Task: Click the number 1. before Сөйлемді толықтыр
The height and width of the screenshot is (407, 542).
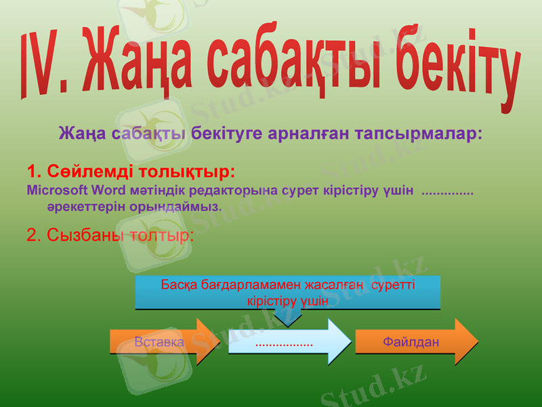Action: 35,170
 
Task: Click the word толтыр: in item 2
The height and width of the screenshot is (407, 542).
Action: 163,235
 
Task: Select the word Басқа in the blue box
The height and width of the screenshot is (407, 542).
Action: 179,284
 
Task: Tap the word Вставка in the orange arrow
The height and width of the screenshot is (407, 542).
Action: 159,342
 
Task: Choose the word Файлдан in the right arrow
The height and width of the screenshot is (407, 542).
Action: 411,342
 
